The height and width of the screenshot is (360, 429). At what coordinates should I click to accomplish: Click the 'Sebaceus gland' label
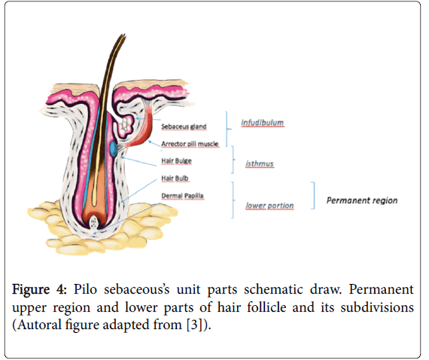point(184,127)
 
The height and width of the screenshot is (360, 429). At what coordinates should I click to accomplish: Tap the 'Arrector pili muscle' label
point(190,144)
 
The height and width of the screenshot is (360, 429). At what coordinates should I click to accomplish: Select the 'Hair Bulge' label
point(176,160)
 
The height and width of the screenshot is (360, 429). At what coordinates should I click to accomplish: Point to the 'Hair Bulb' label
point(175,178)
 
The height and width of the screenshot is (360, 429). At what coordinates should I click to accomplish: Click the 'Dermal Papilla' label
point(182,196)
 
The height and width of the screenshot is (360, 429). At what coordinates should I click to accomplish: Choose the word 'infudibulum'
point(263,123)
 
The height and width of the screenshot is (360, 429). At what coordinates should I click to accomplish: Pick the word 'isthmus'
point(260,163)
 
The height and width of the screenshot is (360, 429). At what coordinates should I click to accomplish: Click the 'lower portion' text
point(269,206)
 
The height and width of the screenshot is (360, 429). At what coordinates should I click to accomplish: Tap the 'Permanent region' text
point(362,200)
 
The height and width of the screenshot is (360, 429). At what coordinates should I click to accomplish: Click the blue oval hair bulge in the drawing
point(113,149)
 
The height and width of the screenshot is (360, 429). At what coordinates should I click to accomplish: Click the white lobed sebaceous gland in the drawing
point(126,125)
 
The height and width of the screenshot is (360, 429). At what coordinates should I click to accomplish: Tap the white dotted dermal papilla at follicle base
point(93,222)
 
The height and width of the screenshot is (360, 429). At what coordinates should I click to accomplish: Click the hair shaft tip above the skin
point(123,35)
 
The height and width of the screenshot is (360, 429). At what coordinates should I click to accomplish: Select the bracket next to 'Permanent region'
point(314,196)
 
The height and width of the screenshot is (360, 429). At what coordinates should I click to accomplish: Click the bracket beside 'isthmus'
point(233,160)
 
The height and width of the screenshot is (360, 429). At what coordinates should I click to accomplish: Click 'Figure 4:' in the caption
point(39,290)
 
